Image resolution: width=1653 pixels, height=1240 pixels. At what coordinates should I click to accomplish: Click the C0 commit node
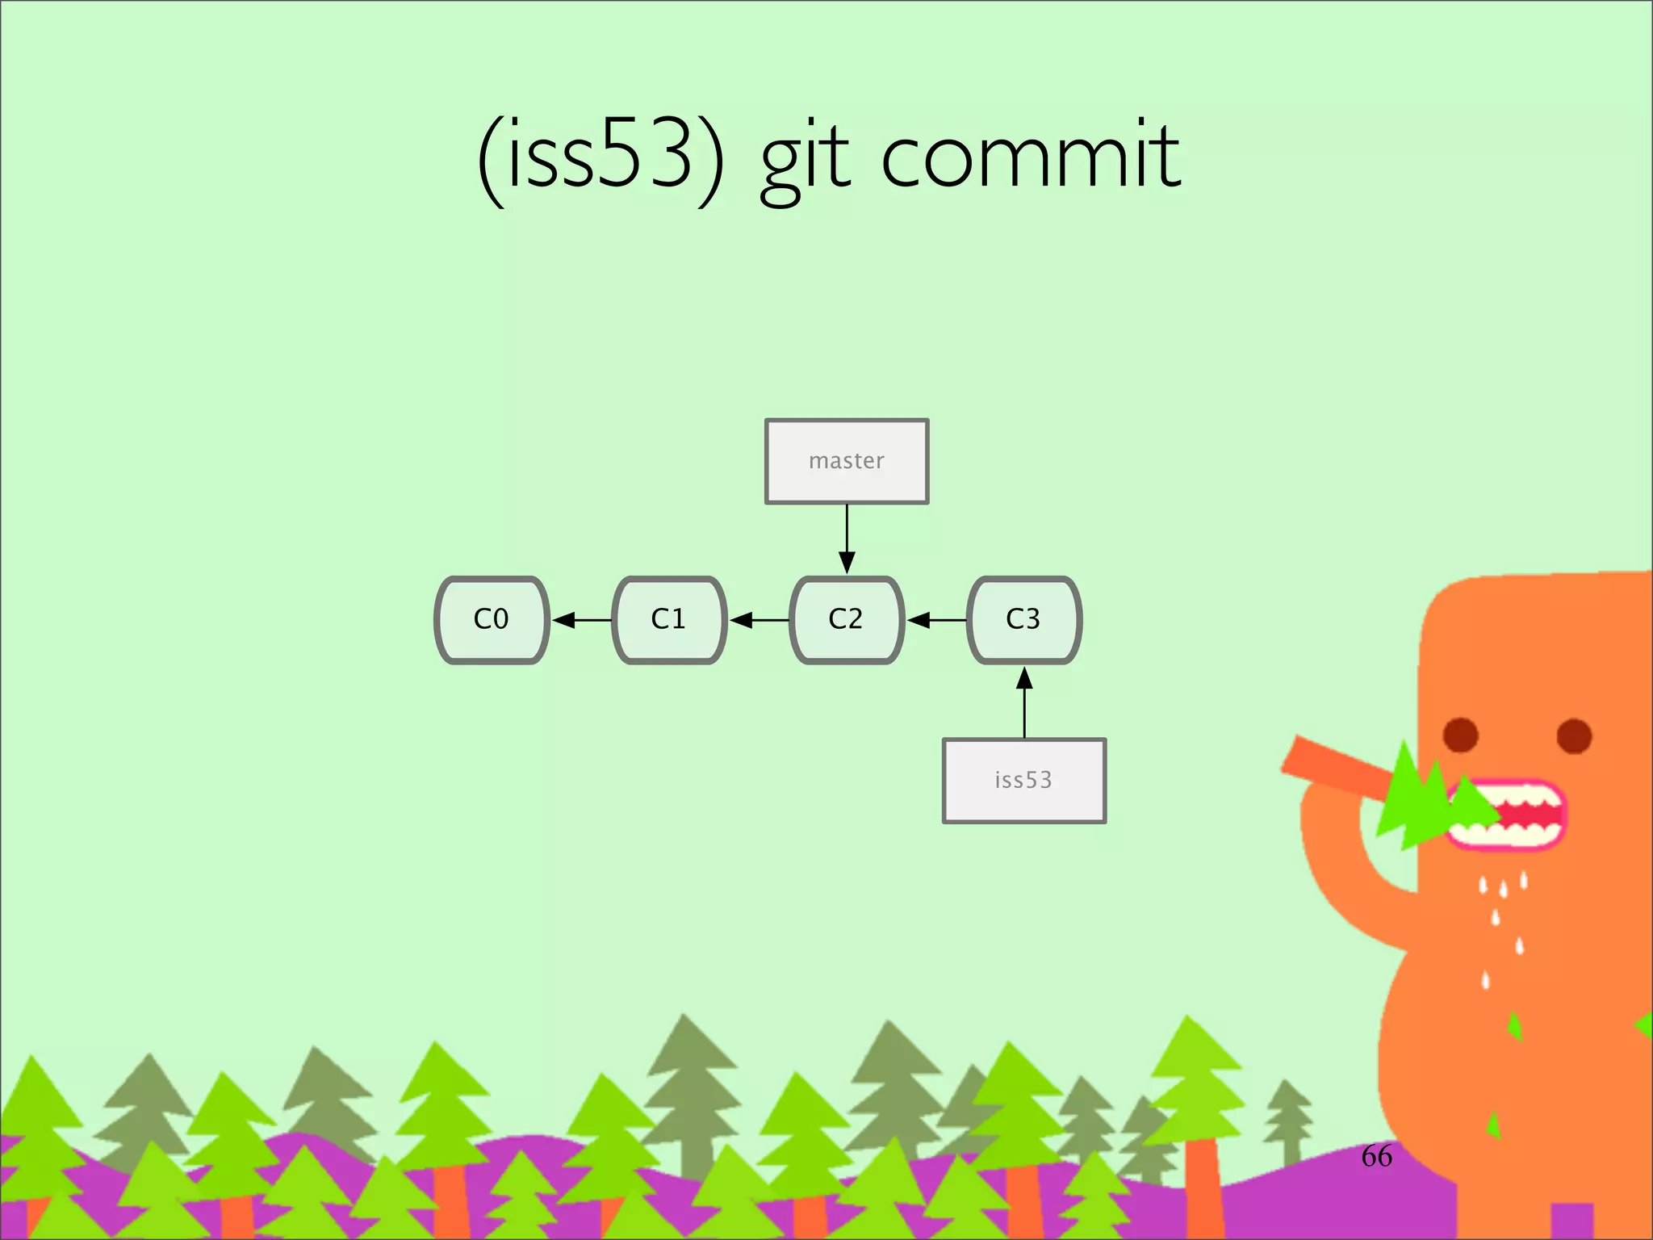(x=492, y=620)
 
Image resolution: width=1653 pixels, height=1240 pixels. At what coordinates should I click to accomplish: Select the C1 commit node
(x=669, y=620)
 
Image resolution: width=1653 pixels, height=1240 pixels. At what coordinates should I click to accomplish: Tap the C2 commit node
(x=846, y=620)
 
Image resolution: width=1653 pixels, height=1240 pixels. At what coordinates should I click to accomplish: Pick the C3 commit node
(x=1023, y=620)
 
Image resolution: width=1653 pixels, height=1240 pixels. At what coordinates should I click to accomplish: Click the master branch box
(x=847, y=461)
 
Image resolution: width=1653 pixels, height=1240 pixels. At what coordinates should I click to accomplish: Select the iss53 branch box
(x=1023, y=781)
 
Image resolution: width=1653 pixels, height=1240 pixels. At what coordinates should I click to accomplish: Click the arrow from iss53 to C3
(x=1024, y=702)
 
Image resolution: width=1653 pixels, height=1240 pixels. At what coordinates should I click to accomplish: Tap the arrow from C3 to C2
(x=935, y=620)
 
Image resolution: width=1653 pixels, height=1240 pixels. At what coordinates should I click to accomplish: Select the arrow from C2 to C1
(x=759, y=620)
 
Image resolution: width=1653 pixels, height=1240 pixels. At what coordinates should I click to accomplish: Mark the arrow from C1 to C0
(x=581, y=620)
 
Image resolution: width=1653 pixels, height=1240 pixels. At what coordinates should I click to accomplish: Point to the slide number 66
(x=1376, y=1156)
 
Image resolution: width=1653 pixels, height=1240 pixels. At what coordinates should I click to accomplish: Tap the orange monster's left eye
(x=1460, y=735)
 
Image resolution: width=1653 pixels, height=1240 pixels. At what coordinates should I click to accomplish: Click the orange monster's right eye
(x=1574, y=735)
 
